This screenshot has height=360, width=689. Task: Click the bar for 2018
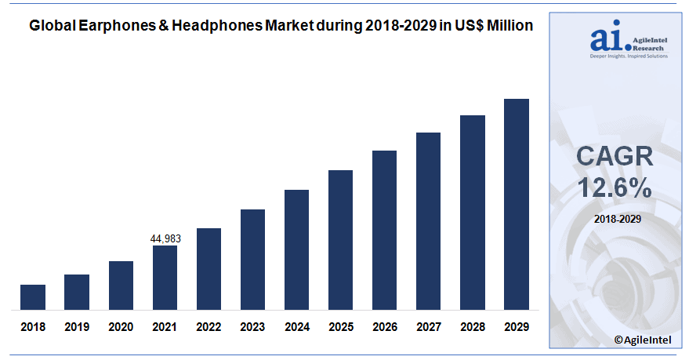[x=33, y=296]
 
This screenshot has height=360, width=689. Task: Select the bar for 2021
[x=165, y=277]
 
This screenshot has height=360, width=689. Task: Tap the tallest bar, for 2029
[x=517, y=204]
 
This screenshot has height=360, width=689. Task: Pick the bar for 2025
[x=340, y=239]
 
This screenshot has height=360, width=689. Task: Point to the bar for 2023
[x=252, y=259]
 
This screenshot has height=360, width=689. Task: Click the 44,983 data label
[x=165, y=238]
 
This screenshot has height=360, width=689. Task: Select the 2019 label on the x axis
[x=77, y=326]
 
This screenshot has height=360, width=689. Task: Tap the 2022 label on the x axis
[x=209, y=326]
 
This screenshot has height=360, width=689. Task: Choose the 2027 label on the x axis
[x=428, y=326]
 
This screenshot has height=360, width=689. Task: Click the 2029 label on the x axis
[x=517, y=326]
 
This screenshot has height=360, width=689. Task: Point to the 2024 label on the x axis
[x=296, y=326]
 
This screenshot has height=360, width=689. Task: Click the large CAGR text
[x=615, y=156]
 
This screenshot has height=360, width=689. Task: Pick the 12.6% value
[x=615, y=187]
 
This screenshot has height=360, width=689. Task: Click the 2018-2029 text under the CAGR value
[x=615, y=219]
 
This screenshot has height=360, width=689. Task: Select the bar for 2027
[x=428, y=220]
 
